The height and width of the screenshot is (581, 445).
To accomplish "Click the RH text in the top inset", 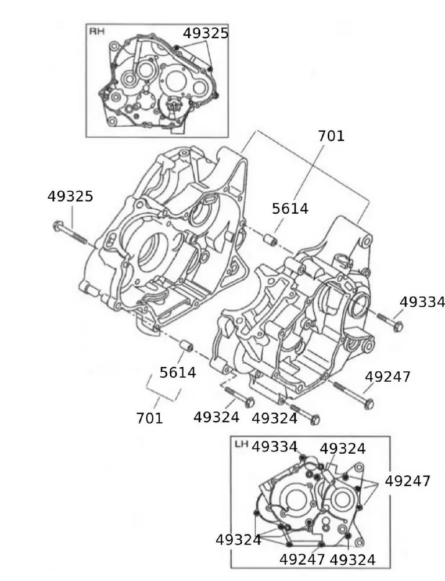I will (x=96, y=31).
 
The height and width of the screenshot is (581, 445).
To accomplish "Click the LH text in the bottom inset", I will (x=241, y=444).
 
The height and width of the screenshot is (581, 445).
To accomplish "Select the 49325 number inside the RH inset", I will (x=206, y=33).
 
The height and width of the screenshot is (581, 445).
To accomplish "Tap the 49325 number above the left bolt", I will (x=70, y=196).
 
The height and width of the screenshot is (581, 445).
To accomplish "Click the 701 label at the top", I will (x=331, y=136).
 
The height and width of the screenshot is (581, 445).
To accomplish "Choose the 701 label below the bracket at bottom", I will (x=150, y=417).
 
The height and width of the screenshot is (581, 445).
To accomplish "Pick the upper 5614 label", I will (x=290, y=209).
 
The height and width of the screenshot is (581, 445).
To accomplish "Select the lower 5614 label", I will (x=178, y=372).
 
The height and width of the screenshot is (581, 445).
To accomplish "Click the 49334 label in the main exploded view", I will (x=422, y=302).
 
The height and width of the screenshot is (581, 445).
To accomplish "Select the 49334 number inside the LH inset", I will (x=275, y=447).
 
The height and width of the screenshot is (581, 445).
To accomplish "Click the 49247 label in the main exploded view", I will (x=387, y=376).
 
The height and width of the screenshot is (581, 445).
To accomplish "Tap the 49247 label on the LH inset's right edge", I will (x=408, y=481).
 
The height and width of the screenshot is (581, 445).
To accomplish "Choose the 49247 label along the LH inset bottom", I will (x=302, y=560).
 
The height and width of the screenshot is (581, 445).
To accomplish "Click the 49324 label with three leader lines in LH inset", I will (x=238, y=540).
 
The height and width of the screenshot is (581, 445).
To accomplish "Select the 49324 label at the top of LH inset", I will (x=343, y=449).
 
